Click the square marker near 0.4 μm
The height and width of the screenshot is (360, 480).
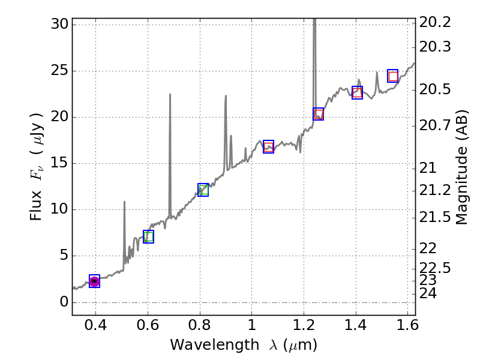94,281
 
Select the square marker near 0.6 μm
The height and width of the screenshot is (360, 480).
148,236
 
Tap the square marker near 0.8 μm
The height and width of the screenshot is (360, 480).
203,190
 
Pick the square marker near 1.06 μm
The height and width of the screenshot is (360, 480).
268,146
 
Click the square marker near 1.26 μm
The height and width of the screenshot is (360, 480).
319,114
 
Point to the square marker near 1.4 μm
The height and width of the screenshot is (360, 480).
357,92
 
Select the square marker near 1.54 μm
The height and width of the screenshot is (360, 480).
393,76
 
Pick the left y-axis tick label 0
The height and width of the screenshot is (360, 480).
64,302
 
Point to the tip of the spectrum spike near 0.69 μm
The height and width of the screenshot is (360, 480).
170,94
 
